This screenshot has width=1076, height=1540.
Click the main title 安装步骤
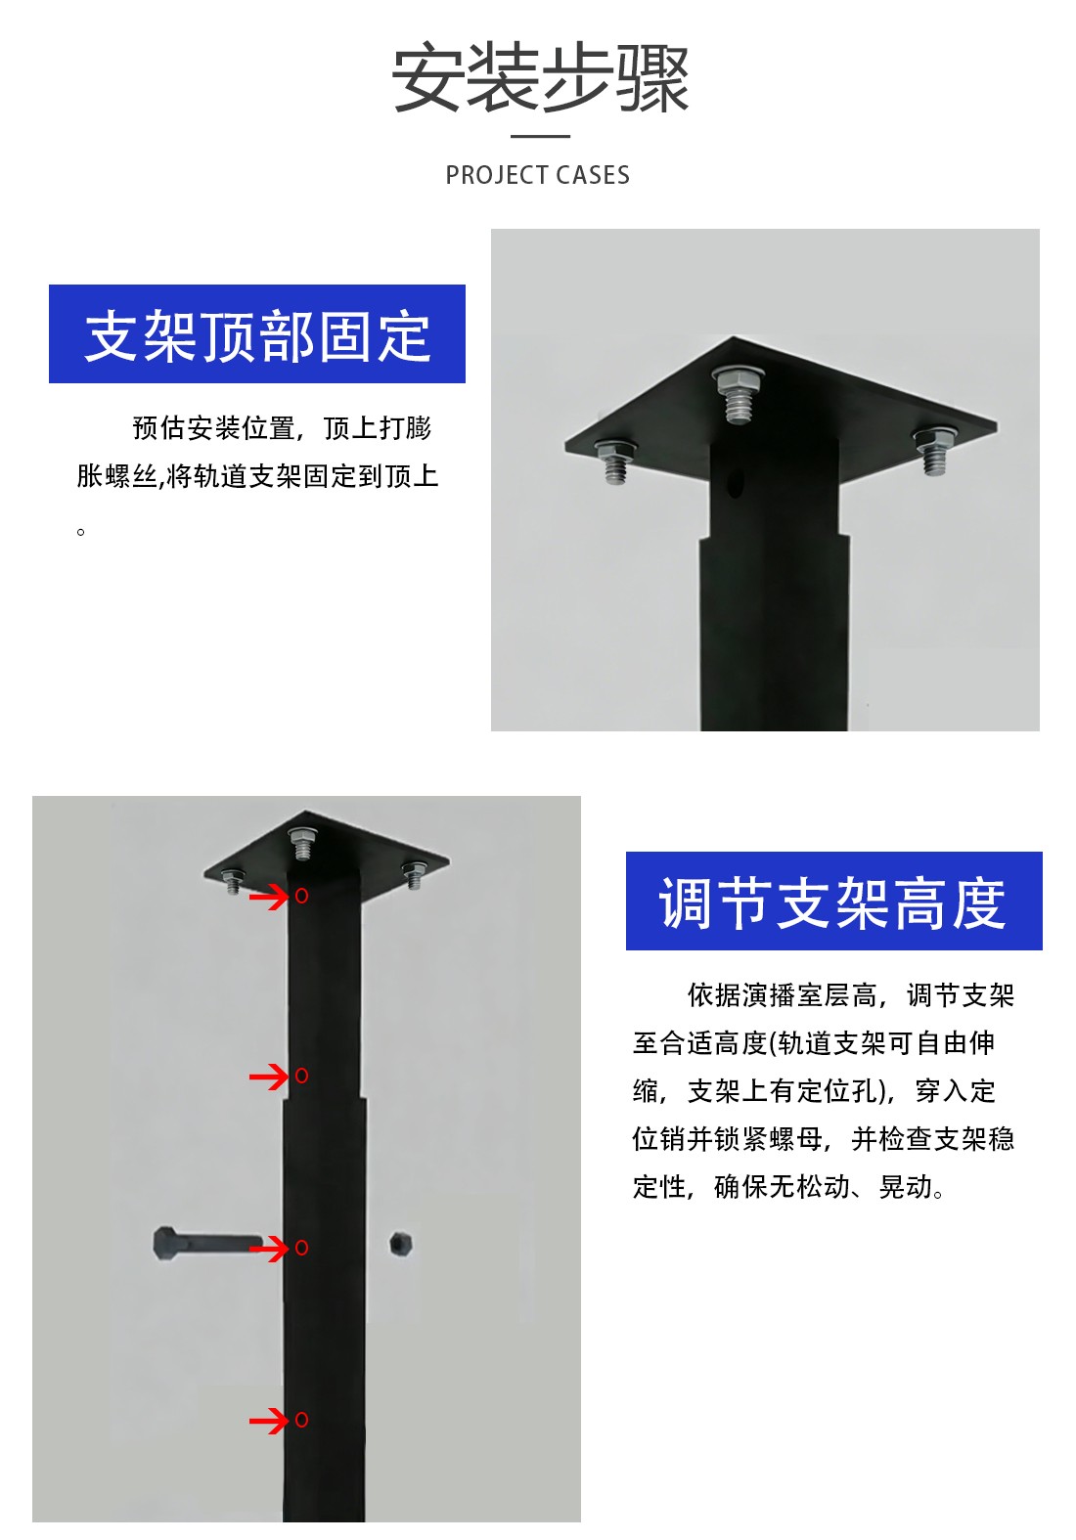tap(540, 78)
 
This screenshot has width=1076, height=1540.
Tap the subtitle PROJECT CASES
tap(537, 175)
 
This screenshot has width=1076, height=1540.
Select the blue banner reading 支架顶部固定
tap(257, 334)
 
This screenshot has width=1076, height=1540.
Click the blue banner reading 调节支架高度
tap(833, 901)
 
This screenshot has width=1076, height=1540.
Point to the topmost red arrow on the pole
tap(268, 896)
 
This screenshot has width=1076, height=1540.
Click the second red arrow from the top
tap(268, 1076)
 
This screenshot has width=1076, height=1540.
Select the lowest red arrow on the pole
tap(268, 1420)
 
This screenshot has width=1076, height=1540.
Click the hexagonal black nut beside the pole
tap(400, 1244)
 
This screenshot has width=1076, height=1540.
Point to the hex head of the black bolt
tap(164, 1243)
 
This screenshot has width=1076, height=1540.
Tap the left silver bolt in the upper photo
tap(614, 460)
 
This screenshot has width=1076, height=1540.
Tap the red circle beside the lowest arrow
tap(301, 1420)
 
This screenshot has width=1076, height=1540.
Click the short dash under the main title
tap(540, 136)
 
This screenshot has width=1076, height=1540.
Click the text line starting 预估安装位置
tap(282, 428)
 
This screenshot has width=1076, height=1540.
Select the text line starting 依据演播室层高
tap(851, 995)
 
